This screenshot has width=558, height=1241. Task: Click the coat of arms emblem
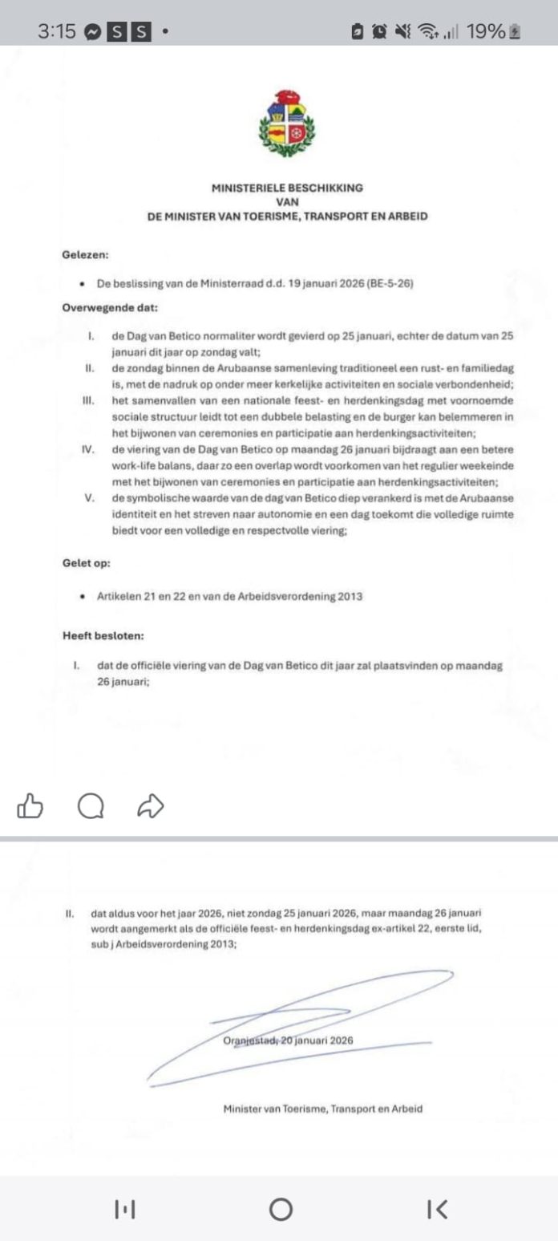286,125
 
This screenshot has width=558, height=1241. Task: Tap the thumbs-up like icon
30,805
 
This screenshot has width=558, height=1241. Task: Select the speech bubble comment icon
91,805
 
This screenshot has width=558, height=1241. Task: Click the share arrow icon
151,805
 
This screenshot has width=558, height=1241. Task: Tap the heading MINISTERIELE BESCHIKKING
286,188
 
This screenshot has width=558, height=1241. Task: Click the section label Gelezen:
85,255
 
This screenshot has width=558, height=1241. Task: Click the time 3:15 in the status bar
56,31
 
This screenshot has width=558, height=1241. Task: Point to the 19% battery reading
485,31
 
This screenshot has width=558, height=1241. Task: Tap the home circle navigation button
280,1209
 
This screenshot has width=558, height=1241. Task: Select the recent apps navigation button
123,1209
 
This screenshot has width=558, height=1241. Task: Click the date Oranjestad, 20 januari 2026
289,1040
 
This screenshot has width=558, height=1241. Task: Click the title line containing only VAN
286,202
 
